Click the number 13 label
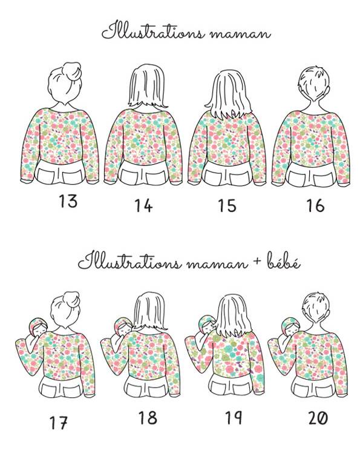pos(68,201)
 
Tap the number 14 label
pos(143,205)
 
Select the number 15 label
pos(227,205)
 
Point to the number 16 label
pos(315,205)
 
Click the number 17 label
pos(59,423)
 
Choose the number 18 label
pos(148,418)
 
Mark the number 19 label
pos(234,418)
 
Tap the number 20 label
pos(318,418)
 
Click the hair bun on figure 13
pos(72,70)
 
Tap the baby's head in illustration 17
pos(38,326)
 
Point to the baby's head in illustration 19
pos(208,324)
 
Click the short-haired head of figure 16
pos(314,84)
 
